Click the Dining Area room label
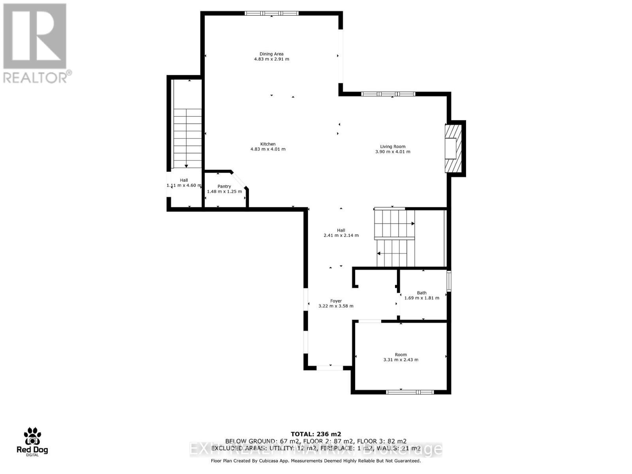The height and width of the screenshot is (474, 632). click(271, 54)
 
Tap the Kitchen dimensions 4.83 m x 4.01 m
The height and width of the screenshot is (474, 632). click(268, 149)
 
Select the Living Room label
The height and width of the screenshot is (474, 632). click(393, 147)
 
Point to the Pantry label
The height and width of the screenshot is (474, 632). click(224, 186)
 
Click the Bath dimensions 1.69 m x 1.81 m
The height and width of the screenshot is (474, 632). click(421, 298)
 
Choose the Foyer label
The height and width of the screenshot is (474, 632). click(336, 301)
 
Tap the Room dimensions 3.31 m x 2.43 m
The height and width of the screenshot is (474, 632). click(401, 360)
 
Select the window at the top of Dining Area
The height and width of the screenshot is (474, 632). click(271, 13)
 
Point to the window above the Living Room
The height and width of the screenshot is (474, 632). click(388, 94)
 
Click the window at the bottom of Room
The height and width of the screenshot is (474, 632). click(410, 392)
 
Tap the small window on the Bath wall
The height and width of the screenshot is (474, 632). click(449, 281)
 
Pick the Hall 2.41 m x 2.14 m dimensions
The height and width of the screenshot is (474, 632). click(341, 235)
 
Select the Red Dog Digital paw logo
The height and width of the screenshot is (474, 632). click(32, 436)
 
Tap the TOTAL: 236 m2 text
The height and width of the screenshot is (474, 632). click(316, 434)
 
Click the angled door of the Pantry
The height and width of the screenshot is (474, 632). click(240, 180)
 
